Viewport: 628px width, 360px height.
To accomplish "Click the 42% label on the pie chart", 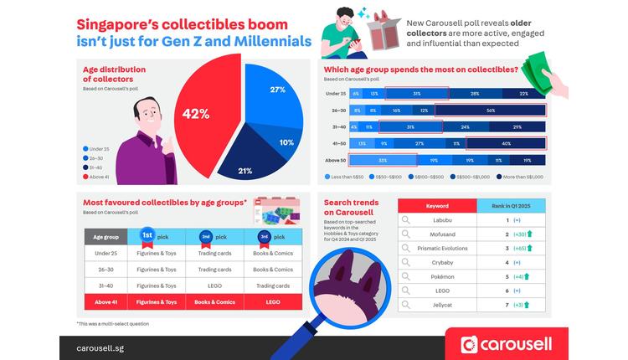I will tap(196, 114).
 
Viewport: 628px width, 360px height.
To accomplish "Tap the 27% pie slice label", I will tap(277, 90).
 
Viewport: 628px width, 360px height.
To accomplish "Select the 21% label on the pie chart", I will tap(245, 171).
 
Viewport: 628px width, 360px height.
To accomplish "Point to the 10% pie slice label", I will tap(286, 142).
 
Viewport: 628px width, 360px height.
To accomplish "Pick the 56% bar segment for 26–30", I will tap(490, 110).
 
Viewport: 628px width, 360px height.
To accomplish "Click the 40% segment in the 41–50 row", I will tap(506, 143).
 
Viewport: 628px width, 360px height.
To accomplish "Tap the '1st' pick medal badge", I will tap(147, 236).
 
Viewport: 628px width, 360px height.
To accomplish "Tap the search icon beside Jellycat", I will tap(405, 305).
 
